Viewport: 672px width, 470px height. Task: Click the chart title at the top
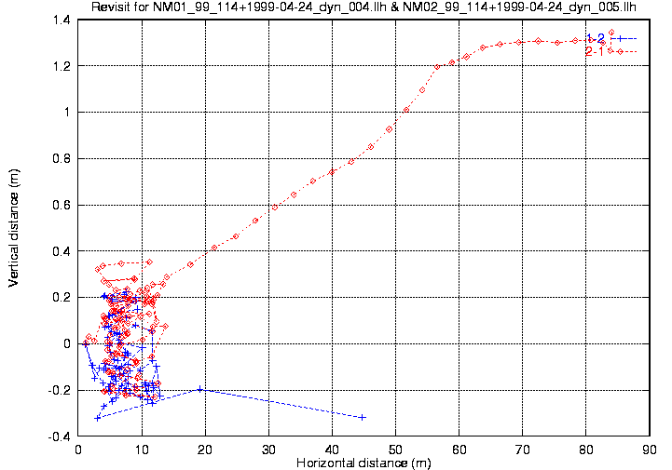point(370,7)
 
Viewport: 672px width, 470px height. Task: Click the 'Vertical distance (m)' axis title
point(14,228)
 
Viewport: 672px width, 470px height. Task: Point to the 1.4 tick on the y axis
point(63,20)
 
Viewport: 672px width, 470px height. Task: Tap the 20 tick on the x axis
point(205,449)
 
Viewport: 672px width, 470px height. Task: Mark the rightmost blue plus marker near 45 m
point(363,417)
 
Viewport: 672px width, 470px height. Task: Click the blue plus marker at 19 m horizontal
point(199,389)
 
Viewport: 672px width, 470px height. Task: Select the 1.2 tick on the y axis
point(63,66)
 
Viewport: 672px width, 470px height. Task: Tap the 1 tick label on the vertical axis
point(68,112)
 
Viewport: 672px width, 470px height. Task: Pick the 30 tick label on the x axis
point(268,449)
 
